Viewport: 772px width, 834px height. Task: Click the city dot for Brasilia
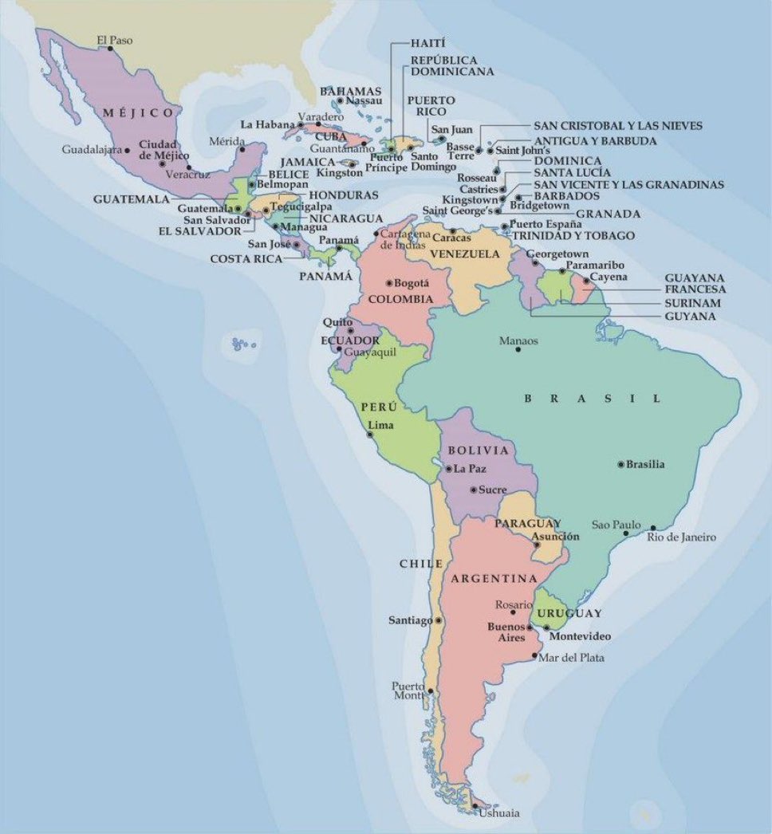[621, 464]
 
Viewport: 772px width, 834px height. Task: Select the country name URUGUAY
[569, 613]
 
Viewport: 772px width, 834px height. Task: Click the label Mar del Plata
[571, 658]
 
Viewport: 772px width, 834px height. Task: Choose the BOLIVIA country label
[479, 450]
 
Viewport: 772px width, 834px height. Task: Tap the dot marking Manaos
[518, 349]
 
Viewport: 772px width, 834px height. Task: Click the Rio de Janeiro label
[681, 537]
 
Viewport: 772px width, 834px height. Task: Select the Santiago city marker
[438, 620]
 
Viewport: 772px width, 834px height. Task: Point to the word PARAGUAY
[522, 523]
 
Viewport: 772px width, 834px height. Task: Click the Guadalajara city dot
[128, 149]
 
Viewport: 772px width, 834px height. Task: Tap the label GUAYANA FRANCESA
[695, 283]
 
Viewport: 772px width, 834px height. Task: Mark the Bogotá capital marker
[388, 283]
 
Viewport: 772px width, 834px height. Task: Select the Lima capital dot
[369, 435]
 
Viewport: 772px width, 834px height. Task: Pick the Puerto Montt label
[409, 690]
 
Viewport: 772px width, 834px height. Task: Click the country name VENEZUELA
[465, 254]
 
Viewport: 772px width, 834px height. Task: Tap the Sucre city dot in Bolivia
[474, 490]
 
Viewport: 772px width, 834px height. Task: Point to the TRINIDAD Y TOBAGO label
[573, 236]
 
